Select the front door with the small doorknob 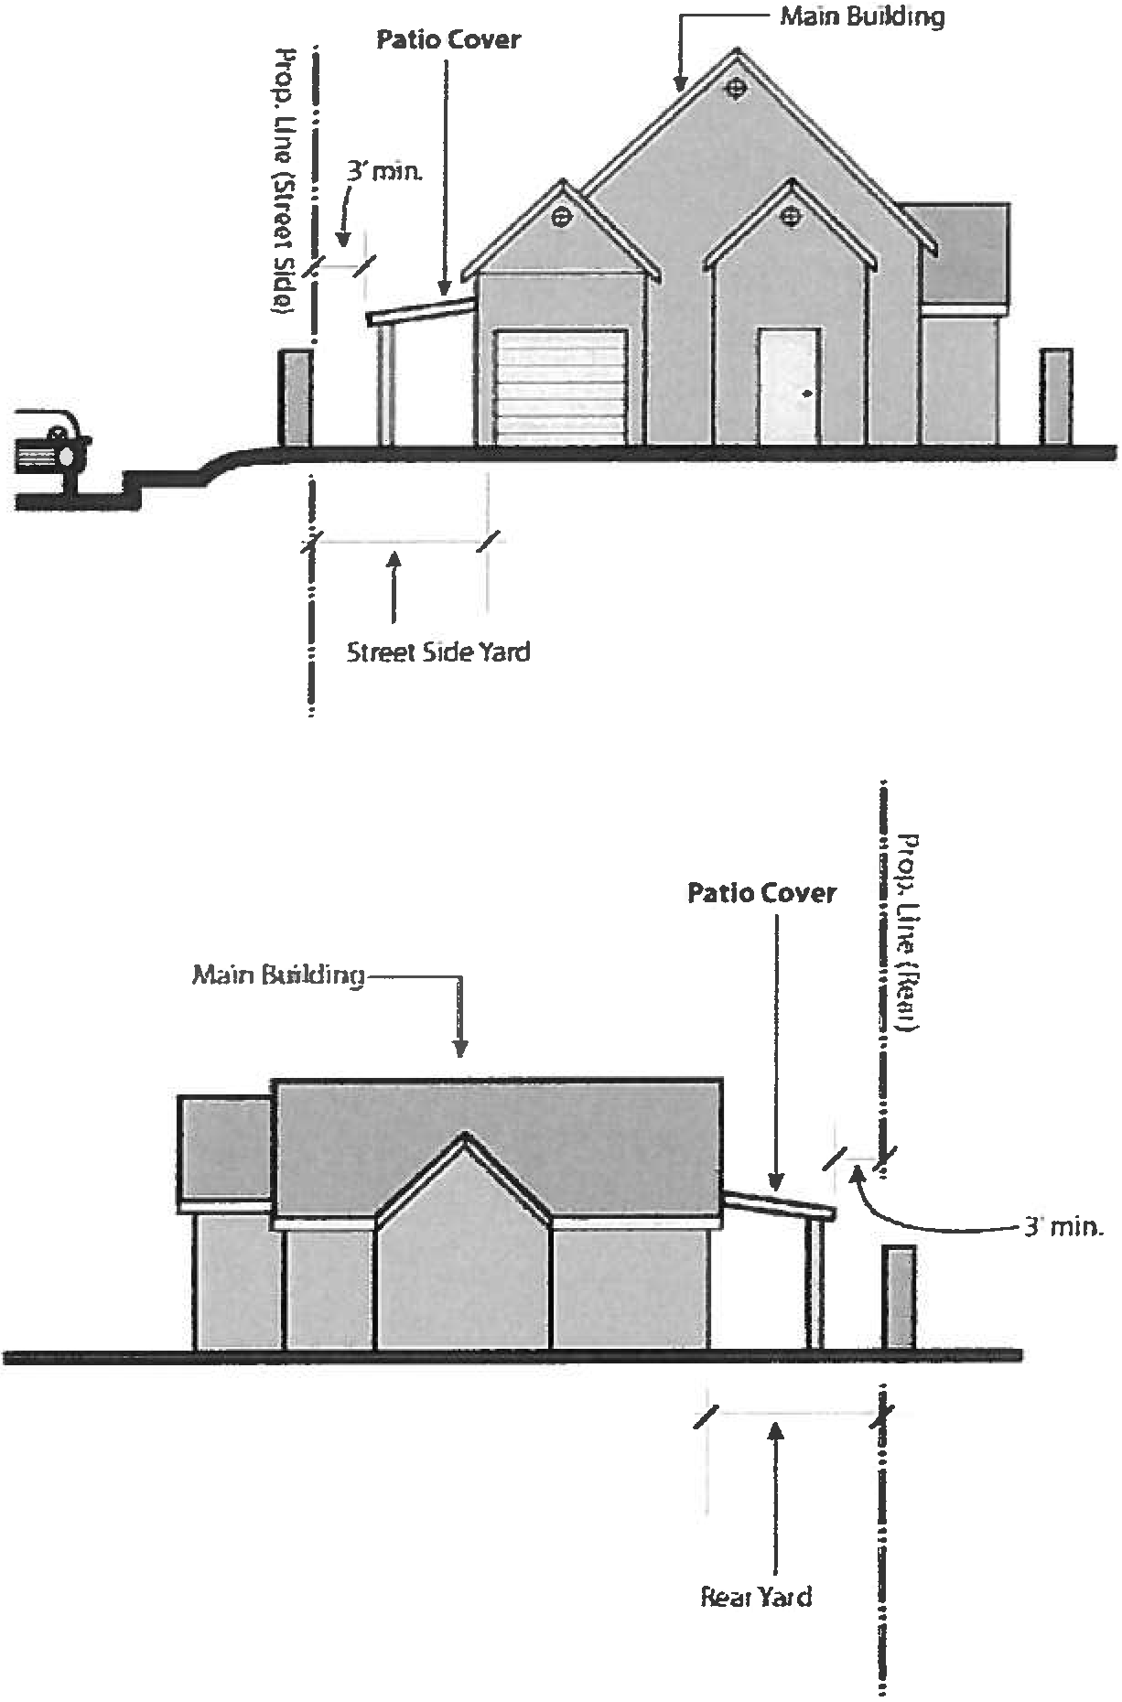point(788,386)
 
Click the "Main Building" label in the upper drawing point(861,16)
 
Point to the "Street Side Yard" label point(438,652)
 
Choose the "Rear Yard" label point(756,1597)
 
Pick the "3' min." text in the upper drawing point(383,171)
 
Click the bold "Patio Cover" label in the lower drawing point(761,892)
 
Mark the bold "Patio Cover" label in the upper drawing point(448,40)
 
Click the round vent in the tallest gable point(736,88)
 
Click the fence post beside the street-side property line point(295,397)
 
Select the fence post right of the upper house point(1056,395)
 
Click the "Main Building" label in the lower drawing point(277,975)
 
